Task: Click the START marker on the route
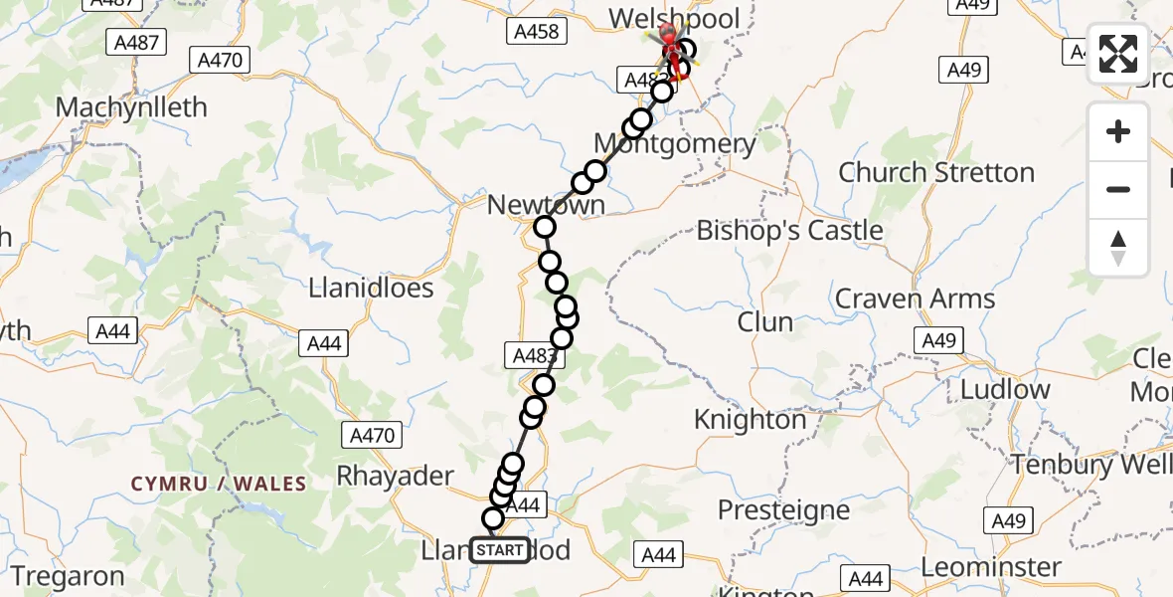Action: [x=500, y=550]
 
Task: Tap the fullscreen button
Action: [x=1118, y=54]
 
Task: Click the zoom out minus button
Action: [x=1118, y=189]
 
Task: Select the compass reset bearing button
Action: [x=1118, y=248]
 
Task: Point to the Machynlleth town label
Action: [x=131, y=107]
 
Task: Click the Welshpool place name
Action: [x=674, y=19]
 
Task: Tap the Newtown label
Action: [x=546, y=205]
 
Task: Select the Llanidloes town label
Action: [x=371, y=289]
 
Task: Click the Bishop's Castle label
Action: [x=789, y=231]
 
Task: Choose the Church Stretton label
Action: [x=936, y=172]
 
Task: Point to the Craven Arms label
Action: [x=915, y=298]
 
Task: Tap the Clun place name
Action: [x=764, y=322]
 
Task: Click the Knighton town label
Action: [x=750, y=420]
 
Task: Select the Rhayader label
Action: [x=395, y=476]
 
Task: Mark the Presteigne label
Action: [x=783, y=511]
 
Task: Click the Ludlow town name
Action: [x=1003, y=389]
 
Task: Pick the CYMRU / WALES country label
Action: [x=219, y=484]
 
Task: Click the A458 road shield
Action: [x=537, y=32]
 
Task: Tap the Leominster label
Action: [x=991, y=568]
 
